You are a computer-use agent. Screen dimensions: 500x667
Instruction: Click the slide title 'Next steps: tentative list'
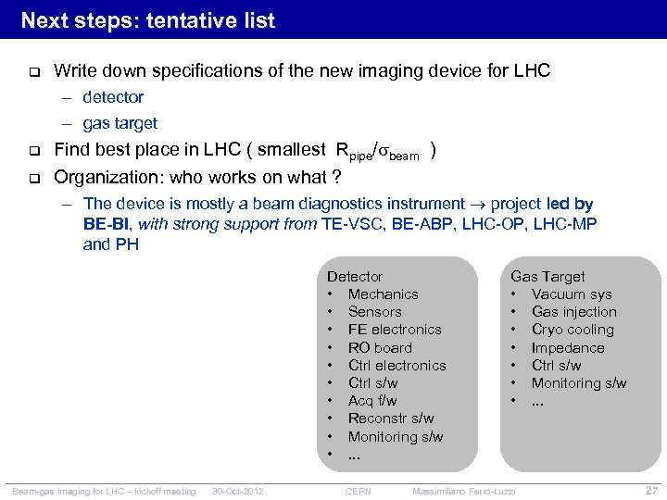coord(148,20)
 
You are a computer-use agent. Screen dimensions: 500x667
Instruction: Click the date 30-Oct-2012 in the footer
coord(238,491)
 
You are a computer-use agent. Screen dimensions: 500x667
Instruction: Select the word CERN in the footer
coord(359,491)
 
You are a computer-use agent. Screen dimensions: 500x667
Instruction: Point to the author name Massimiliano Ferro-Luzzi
coord(464,491)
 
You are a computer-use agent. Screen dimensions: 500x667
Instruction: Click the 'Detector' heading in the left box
coord(355,276)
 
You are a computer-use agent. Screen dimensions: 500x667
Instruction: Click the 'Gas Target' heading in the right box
coord(547,276)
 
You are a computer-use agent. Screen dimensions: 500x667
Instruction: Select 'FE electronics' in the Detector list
coord(395,330)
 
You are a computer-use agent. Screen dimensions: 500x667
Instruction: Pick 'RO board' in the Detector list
coord(380,347)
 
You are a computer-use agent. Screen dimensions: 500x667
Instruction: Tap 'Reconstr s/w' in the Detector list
coord(391,419)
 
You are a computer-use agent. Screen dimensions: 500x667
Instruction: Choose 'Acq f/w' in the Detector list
coord(372,401)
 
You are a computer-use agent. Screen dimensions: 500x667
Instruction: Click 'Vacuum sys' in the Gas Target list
coord(572,294)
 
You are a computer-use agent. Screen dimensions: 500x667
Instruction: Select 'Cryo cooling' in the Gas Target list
coord(573,330)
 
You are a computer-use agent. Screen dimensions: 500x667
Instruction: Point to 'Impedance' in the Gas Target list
coord(568,347)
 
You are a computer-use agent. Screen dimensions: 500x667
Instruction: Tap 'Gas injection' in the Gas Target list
coord(573,312)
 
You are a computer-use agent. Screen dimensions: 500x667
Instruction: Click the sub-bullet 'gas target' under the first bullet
coord(120,123)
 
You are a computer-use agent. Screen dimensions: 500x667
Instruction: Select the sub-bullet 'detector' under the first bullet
coord(113,97)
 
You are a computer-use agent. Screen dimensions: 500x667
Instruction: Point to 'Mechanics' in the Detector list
coord(383,294)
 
